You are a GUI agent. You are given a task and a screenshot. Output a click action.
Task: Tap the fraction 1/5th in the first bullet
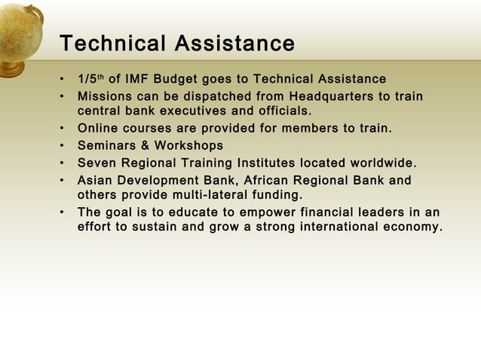click(91, 79)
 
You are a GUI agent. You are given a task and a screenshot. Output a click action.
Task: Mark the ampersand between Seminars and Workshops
click(146, 145)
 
